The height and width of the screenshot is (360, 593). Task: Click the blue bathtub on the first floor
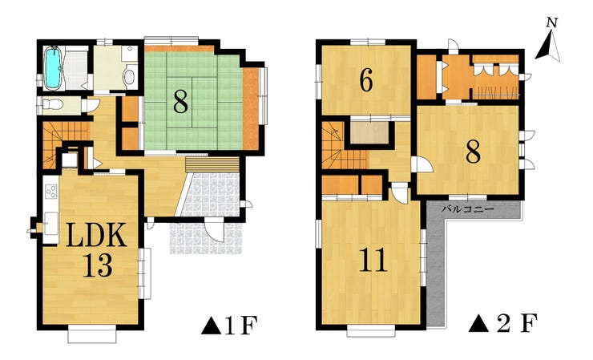coord(53,68)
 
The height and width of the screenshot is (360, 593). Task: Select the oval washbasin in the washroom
coord(129,77)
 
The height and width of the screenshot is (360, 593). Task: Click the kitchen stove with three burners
coord(50,192)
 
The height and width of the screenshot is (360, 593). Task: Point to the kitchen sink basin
coord(51,224)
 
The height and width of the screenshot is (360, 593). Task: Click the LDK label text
coord(96,235)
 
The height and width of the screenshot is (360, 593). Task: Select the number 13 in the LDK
coord(98,265)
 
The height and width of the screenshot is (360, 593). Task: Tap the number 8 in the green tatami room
coord(181,102)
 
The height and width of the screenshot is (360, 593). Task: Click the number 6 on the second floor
coord(366,80)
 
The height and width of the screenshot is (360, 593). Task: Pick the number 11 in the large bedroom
coord(373,260)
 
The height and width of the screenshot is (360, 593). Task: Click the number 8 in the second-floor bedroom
coord(473,152)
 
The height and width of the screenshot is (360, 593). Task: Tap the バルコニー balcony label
coord(468,209)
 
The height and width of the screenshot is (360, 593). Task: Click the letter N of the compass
coord(552,22)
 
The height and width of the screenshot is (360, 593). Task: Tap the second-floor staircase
coord(342,146)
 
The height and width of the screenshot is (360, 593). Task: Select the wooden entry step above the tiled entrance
coord(213,164)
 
